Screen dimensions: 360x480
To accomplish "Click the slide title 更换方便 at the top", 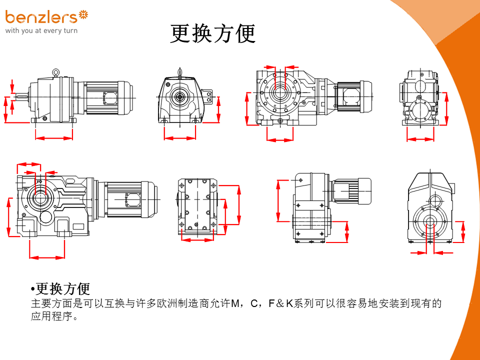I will click(213, 34).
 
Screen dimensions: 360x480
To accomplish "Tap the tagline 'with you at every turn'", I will click(41, 31).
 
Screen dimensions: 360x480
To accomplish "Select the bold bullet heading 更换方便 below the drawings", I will click(63, 289).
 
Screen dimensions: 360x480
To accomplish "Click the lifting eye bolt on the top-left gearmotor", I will click(56, 72).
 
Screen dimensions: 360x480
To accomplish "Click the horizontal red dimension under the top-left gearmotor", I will click(54, 137).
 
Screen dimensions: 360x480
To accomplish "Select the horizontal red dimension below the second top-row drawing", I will click(180, 138).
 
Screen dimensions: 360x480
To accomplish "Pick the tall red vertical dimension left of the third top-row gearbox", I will click(247, 108).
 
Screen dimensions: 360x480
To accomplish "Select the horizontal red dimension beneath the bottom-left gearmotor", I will click(47, 257).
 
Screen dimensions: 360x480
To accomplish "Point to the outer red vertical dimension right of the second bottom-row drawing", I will click(238, 205).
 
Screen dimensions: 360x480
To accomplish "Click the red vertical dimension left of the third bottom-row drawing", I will click(278, 200).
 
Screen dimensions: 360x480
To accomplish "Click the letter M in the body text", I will click(234, 304).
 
